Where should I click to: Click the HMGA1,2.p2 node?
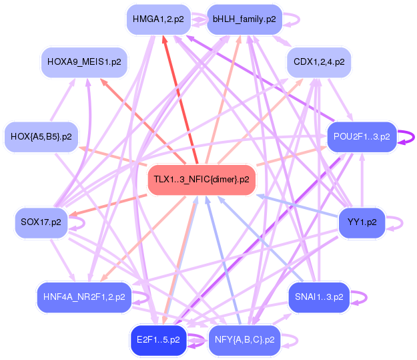click(158, 19)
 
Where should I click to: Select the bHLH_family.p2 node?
click(244, 19)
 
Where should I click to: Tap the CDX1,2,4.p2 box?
click(319, 62)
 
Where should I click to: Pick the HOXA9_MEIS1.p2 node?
click(84, 62)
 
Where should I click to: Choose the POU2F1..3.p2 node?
click(362, 136)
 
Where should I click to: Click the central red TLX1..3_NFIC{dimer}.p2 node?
click(201, 180)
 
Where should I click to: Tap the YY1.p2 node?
click(362, 222)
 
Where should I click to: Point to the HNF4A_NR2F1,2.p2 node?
click(84, 297)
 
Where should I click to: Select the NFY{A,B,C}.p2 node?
click(244, 339)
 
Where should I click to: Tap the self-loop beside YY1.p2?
click(396, 222)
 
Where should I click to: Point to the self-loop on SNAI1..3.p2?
click(360, 297)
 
